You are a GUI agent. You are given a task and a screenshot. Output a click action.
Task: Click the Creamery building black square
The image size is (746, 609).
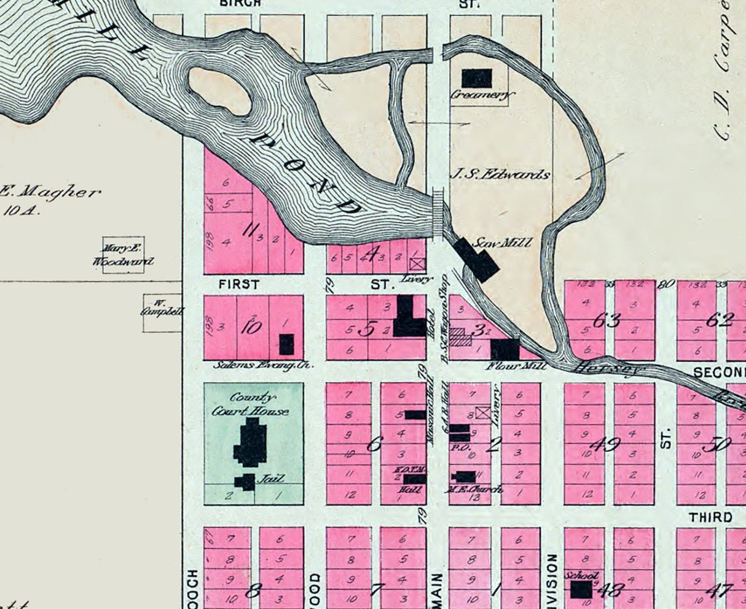[477, 78]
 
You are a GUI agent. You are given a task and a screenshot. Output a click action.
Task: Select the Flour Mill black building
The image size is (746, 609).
[506, 349]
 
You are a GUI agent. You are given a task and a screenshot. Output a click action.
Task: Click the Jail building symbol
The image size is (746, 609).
[246, 481]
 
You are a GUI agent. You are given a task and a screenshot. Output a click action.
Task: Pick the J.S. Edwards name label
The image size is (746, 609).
[499, 174]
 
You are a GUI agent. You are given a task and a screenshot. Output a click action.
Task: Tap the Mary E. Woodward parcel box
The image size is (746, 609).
[124, 255]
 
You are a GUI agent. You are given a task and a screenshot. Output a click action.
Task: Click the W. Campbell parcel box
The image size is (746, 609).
[162, 313]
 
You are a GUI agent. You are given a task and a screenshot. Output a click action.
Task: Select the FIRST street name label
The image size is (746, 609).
[239, 285]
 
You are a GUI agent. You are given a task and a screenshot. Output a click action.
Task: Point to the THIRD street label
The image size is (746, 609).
[710, 518]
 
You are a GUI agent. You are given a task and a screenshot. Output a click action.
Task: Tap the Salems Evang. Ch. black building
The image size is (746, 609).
[286, 344]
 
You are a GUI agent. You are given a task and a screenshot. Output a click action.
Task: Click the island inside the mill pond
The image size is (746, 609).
[219, 91]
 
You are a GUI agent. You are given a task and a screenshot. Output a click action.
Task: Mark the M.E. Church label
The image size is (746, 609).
[474, 489]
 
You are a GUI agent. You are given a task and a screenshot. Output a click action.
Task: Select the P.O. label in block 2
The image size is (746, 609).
[460, 447]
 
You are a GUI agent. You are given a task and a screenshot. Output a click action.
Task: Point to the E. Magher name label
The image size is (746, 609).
[49, 192]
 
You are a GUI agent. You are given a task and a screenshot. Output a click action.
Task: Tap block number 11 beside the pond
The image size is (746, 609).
[250, 231]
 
